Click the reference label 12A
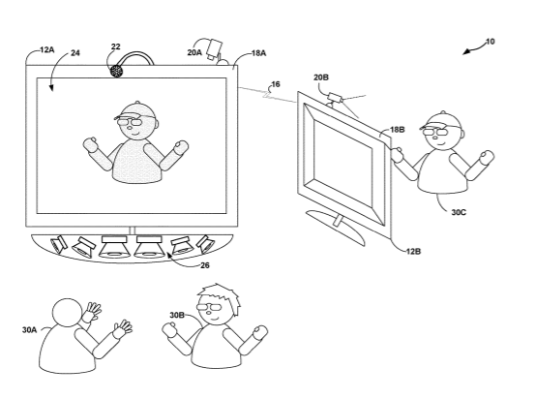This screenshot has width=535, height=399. pyautogui.click(x=46, y=50)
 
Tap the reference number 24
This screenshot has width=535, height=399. pyautogui.click(x=75, y=53)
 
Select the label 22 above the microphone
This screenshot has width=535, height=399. pyautogui.click(x=116, y=46)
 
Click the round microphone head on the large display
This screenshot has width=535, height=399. pyautogui.click(x=117, y=71)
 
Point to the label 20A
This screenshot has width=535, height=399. pyautogui.click(x=194, y=52)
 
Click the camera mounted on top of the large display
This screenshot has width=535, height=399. pyautogui.click(x=216, y=50)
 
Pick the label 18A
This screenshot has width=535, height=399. pyautogui.click(x=258, y=53)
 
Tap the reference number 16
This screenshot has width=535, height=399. pyautogui.click(x=276, y=84)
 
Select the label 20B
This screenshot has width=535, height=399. pyautogui.click(x=321, y=77)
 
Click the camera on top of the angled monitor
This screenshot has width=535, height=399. pyautogui.click(x=335, y=98)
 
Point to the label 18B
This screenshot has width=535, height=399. pyautogui.click(x=398, y=130)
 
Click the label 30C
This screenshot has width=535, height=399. pyautogui.click(x=459, y=212)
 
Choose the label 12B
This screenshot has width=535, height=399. pyautogui.click(x=413, y=252)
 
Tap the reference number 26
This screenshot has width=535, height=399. pyautogui.click(x=205, y=265)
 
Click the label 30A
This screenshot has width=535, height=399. pyautogui.click(x=29, y=329)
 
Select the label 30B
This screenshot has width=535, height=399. pyautogui.click(x=177, y=315)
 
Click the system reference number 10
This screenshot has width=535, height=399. pyautogui.click(x=490, y=42)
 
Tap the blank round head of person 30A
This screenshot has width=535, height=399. pyautogui.click(x=67, y=313)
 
